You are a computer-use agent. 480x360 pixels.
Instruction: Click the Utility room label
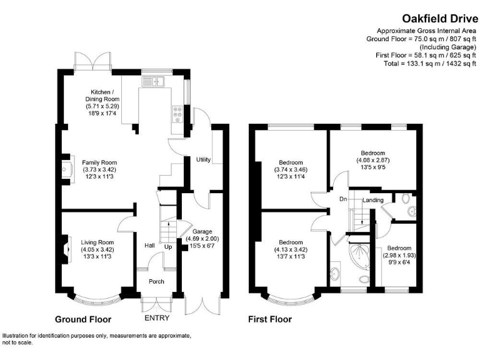click(203, 161)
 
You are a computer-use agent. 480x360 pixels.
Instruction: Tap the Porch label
click(156, 281)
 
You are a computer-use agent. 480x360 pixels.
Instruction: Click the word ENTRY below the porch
click(156, 318)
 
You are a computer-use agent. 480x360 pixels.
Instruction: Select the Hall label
click(150, 246)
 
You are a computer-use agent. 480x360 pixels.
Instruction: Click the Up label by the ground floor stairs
click(168, 247)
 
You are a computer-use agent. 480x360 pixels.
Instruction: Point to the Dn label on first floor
click(342, 199)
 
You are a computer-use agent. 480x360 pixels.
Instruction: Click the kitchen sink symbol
click(152, 80)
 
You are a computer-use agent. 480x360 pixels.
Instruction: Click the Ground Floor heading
click(82, 319)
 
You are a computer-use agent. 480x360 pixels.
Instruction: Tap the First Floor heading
click(269, 319)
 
